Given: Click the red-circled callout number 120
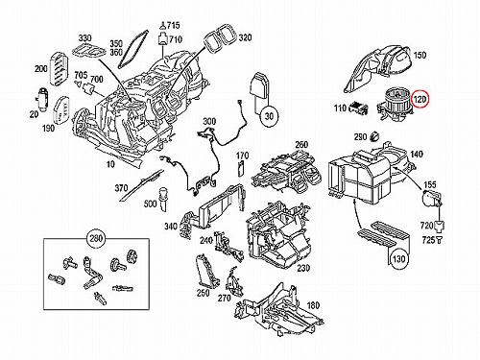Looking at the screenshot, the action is tap(420, 100).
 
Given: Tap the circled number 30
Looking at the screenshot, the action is tap(270, 116).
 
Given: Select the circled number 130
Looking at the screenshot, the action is tap(398, 259).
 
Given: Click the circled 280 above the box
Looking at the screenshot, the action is tap(96, 238).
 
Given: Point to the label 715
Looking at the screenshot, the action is tap(174, 25).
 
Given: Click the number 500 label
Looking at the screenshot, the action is tap(150, 204).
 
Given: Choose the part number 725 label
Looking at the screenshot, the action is tap(428, 240).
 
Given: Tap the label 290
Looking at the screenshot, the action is tap(361, 137).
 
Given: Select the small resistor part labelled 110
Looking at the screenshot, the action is tap(358, 108).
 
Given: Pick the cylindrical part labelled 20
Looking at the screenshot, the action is tap(43, 98).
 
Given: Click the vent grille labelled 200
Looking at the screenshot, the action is tap(59, 68).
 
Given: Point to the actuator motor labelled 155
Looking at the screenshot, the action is tap(432, 199).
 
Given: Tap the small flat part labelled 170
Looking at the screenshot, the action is tap(241, 169).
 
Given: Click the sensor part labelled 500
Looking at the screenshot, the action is tap(163, 199).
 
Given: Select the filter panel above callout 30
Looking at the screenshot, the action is tap(259, 85).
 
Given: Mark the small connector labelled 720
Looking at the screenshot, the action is tap(440, 226).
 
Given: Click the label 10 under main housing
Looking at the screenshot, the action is tap(110, 164).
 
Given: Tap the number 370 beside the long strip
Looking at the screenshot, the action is tap(121, 188).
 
